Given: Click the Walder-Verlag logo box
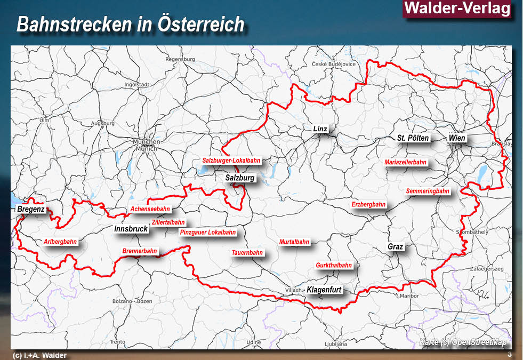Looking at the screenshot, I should tap(457, 9).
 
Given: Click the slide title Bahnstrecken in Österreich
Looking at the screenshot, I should tap(131, 25).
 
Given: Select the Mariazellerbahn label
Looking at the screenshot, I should tap(406, 163).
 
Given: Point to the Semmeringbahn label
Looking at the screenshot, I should tap(427, 191).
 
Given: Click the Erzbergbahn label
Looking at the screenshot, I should tap(368, 205).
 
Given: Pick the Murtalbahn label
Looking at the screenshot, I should tap(294, 242).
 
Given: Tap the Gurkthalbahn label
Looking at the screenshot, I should tap(334, 266).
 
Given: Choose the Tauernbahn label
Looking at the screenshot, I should tap(247, 253).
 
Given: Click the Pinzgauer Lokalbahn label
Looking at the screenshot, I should tap(208, 233).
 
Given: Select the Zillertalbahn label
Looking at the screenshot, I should tap(168, 222).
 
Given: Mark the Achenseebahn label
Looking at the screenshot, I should tap(151, 210).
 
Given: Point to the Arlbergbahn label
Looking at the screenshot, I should tap(60, 242).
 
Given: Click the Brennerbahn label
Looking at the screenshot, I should tap(140, 251).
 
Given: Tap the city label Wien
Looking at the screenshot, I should tap(457, 138).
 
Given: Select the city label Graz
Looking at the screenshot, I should tap(396, 247).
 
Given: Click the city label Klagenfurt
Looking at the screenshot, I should tap(324, 290).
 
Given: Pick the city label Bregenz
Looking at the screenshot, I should tap(31, 210).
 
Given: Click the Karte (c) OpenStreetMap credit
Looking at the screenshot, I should tap(462, 342).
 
